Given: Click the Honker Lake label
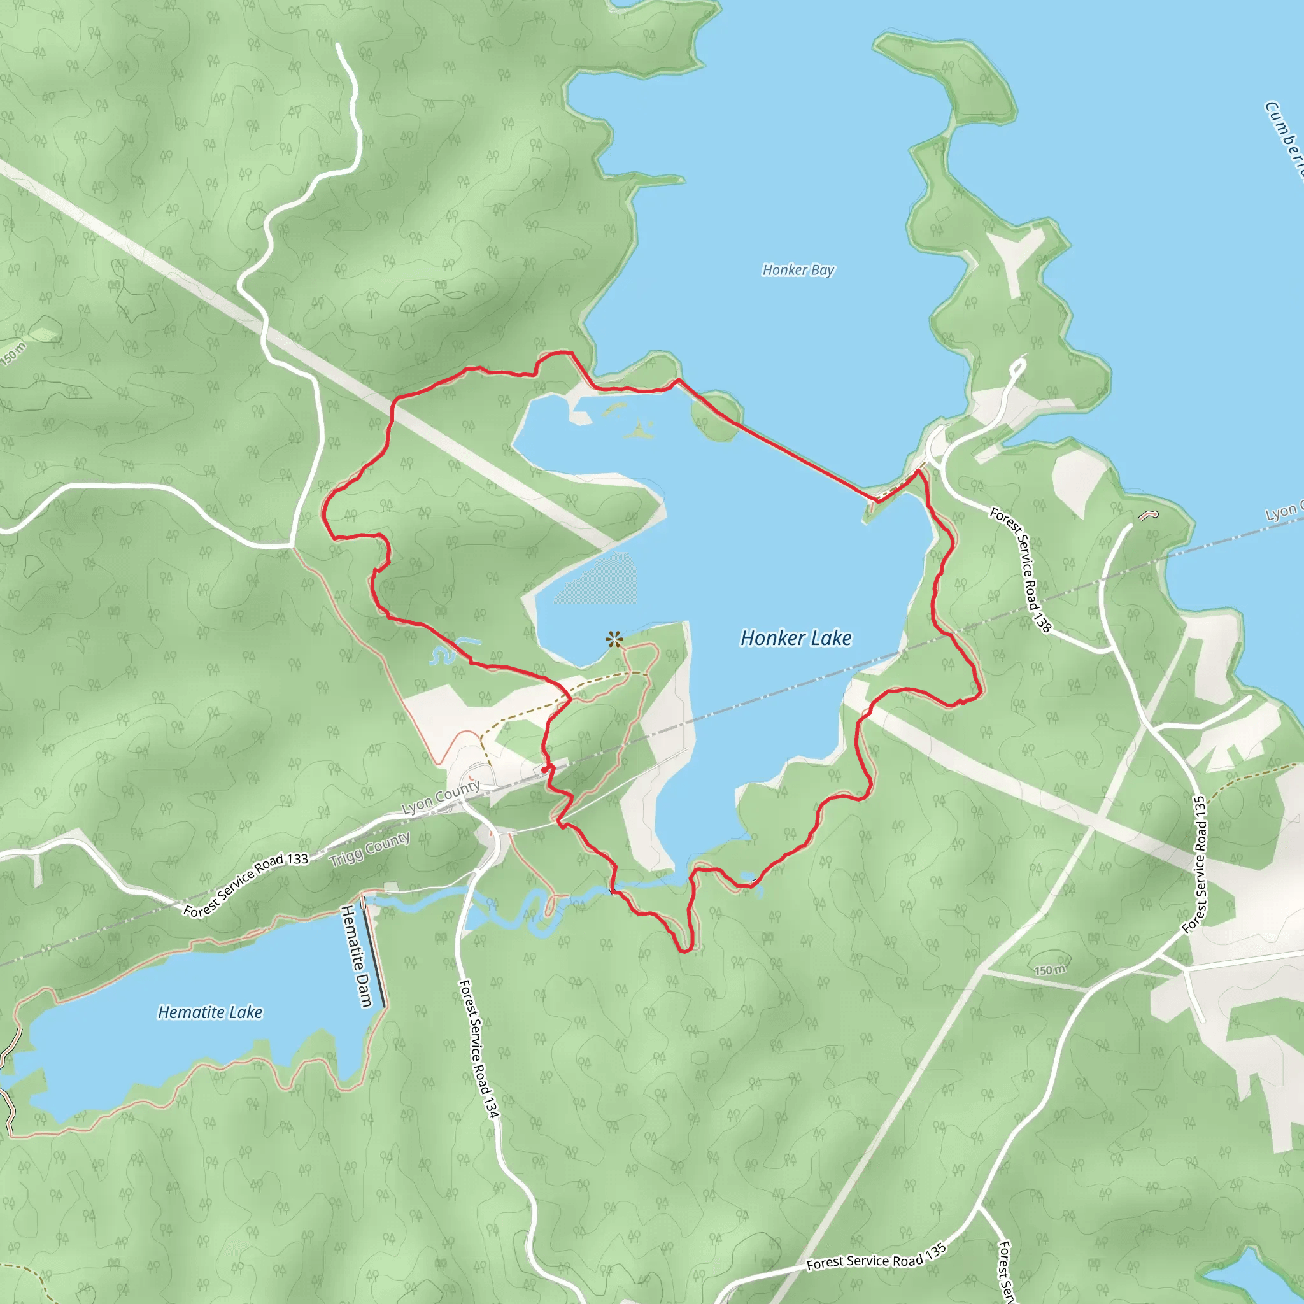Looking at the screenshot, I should coord(796,638).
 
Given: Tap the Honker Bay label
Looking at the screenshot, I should coord(798,270).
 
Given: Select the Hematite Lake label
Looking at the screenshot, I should coord(210,1012).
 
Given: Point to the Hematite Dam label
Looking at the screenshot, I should coord(357,956).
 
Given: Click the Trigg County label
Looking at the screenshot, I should coord(369,849).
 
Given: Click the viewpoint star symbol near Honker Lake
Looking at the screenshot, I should coord(614,639).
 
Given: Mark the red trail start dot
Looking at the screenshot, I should coord(544,769).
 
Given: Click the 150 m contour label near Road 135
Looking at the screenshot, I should coord(1050,970).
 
